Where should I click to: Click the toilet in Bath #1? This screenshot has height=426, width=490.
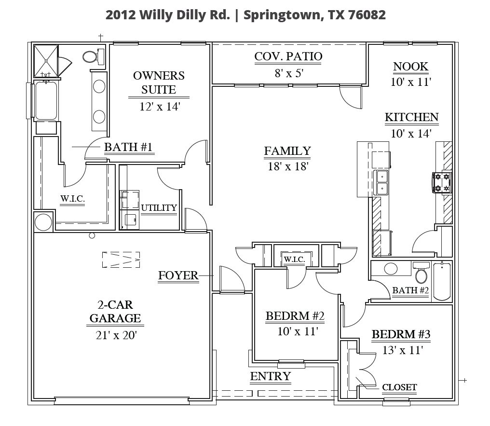(93, 56)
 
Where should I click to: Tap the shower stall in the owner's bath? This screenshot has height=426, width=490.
(46, 61)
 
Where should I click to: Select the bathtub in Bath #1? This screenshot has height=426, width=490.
(46, 100)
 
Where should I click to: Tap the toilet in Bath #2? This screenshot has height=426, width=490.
(421, 272)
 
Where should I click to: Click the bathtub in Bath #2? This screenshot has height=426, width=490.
(442, 281)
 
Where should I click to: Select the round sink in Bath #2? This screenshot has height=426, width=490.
(391, 268)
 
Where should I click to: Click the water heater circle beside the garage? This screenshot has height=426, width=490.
(43, 222)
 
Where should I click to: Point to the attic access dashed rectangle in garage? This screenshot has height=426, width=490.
(121, 260)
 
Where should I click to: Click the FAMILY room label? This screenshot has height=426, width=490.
(287, 151)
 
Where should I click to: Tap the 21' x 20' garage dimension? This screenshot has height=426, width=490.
(116, 335)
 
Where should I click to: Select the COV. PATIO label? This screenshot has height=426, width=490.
(288, 56)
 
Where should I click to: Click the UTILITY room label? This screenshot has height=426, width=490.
(159, 208)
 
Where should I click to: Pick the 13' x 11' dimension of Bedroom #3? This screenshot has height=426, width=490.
(403, 350)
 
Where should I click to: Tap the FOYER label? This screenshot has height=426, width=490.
(178, 275)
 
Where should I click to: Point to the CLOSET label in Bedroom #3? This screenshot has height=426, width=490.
(399, 387)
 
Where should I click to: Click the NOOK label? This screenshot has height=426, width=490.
(410, 67)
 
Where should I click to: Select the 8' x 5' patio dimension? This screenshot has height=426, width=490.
(289, 73)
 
